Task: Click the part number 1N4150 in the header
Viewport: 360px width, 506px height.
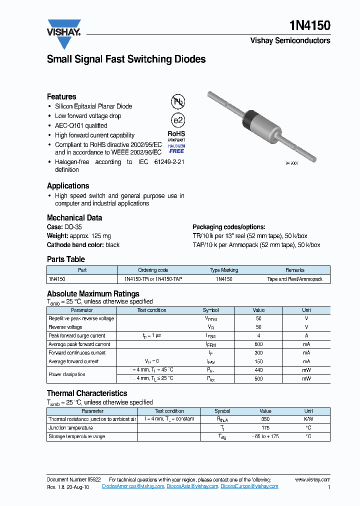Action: (310, 26)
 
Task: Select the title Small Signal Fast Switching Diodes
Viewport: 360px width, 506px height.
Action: (126, 59)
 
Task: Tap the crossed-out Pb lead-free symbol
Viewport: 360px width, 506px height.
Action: (178, 102)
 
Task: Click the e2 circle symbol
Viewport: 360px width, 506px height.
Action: (177, 120)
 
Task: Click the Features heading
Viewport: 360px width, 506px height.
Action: (61, 96)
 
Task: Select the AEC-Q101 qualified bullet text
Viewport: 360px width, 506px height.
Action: (81, 125)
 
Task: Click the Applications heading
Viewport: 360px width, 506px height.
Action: (68, 185)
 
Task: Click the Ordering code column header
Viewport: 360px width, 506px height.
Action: (153, 270)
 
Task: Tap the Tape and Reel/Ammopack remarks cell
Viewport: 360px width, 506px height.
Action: (295, 279)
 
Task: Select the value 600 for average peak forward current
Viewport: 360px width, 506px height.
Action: (258, 344)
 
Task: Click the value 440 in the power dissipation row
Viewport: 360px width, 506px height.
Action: (258, 370)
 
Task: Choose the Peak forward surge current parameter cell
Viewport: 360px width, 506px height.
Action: (76, 336)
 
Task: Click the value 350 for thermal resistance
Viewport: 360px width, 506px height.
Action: (265, 419)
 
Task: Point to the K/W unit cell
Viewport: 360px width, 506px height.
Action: (308, 419)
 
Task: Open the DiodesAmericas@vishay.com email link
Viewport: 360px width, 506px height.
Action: (133, 486)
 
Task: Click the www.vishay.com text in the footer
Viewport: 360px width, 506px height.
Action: (312, 479)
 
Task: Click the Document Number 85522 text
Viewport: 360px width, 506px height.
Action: (73, 479)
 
